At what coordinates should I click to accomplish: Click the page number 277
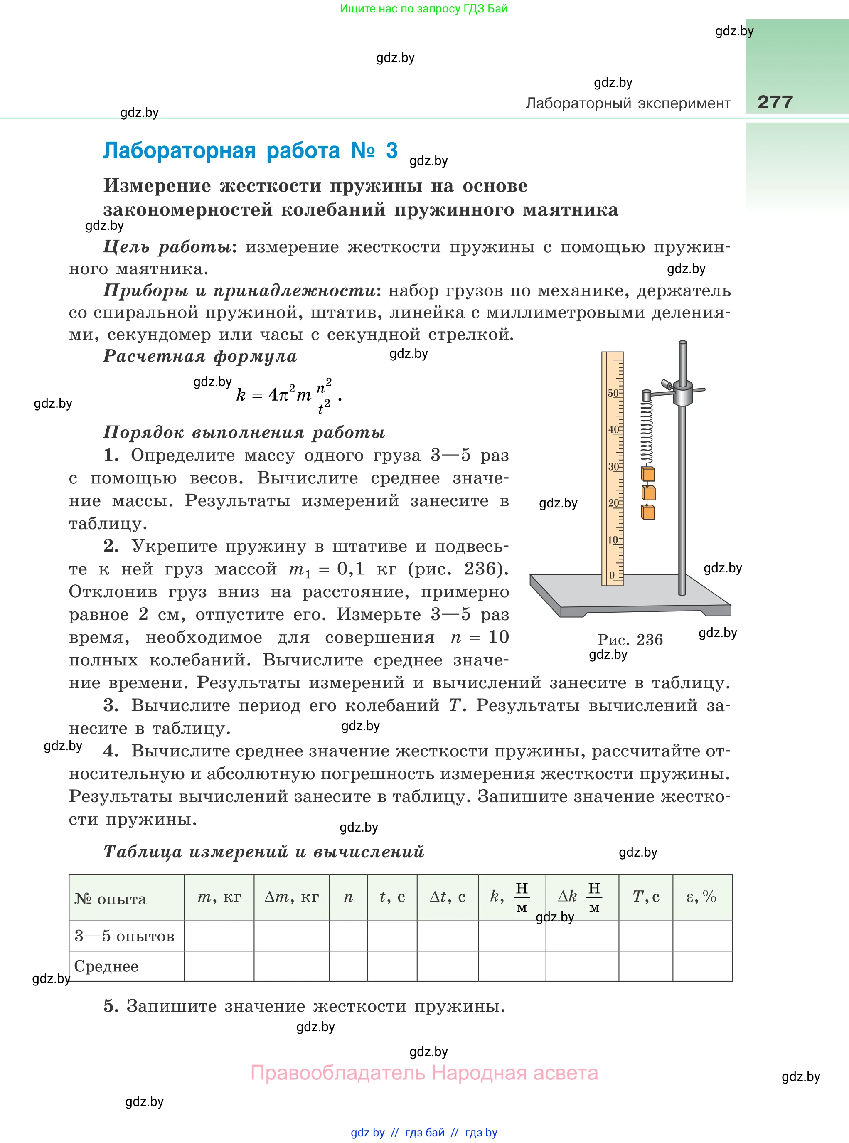click(775, 102)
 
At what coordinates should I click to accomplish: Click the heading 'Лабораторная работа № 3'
click(250, 150)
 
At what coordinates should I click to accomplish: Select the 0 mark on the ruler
click(612, 575)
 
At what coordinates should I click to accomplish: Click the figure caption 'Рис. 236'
click(630, 639)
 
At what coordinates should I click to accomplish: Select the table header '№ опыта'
click(111, 899)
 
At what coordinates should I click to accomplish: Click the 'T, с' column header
click(645, 897)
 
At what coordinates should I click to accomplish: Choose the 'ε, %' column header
click(701, 897)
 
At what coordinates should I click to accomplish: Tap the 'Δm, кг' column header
click(291, 897)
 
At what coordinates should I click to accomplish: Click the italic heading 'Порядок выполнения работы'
click(244, 432)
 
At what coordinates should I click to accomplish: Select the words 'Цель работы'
click(167, 247)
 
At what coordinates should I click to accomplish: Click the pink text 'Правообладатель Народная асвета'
click(424, 1073)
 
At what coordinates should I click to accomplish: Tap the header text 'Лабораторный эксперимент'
click(628, 103)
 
